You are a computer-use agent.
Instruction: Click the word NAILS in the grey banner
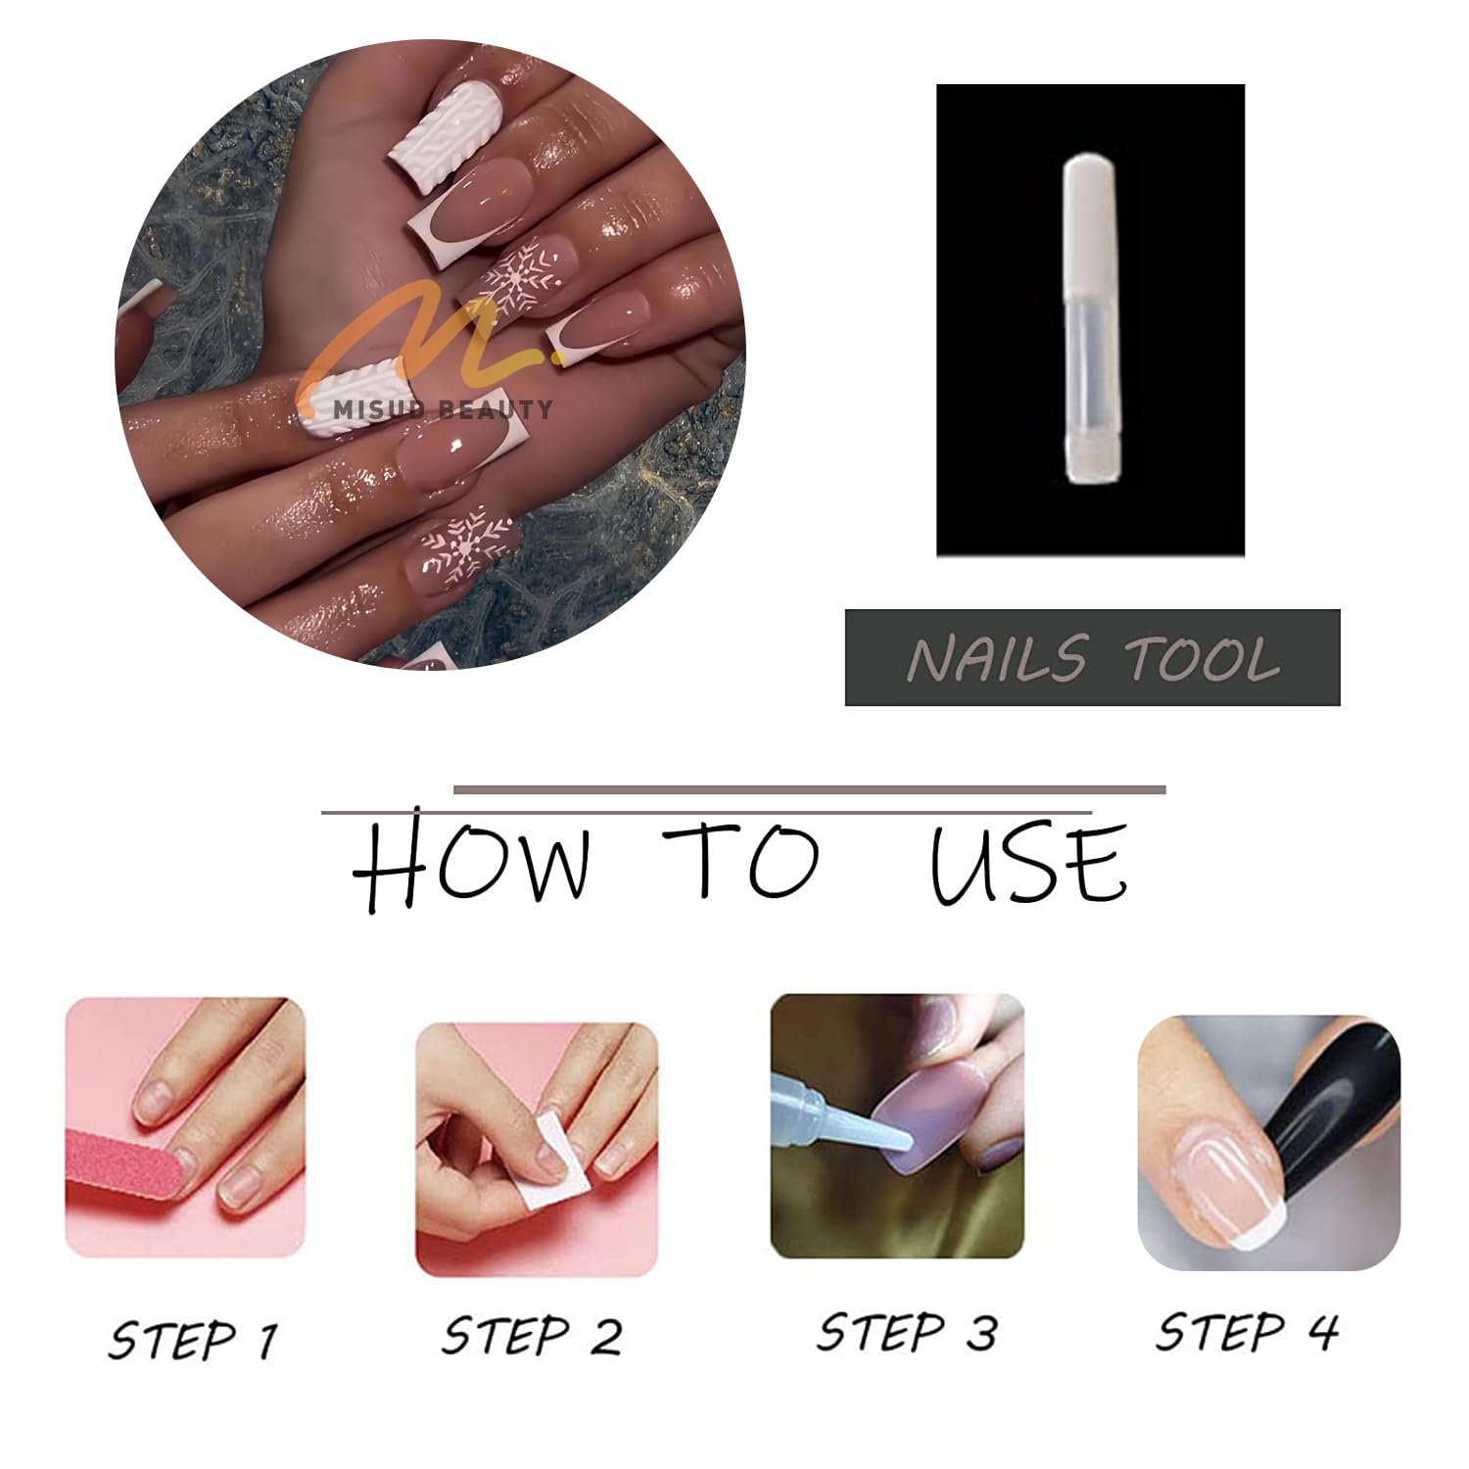[997, 658]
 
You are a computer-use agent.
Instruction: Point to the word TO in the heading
[740, 861]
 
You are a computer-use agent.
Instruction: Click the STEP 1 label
[193, 1340]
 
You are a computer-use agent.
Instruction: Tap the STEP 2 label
[532, 1336]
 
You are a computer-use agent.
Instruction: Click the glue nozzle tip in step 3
[905, 1141]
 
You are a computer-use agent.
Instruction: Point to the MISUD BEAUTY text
[442, 409]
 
